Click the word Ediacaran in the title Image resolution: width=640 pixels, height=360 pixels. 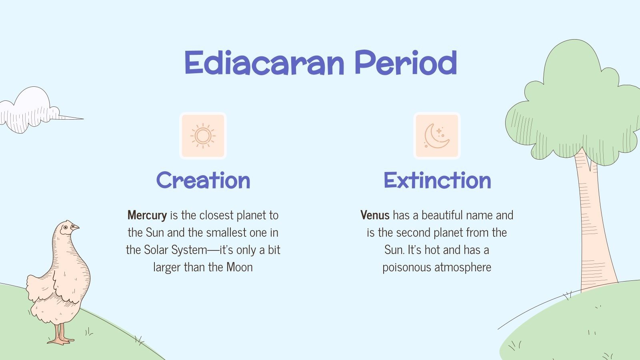pyautogui.click(x=264, y=63)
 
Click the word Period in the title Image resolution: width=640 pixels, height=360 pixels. pyautogui.click(x=406, y=63)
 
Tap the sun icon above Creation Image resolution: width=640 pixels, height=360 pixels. pyautogui.click(x=203, y=136)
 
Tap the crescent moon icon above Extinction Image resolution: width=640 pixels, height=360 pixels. pyautogui.click(x=437, y=136)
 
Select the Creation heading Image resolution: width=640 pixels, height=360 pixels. pyautogui.click(x=203, y=180)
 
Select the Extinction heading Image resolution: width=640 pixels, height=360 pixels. pyautogui.click(x=437, y=180)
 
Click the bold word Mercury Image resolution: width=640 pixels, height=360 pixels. pyautogui.click(x=147, y=215)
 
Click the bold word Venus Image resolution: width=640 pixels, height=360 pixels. pyautogui.click(x=375, y=215)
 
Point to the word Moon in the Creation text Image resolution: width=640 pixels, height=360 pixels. pyautogui.click(x=240, y=267)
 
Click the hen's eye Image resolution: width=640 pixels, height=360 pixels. pyautogui.click(x=65, y=227)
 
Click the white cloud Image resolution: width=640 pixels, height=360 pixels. pyautogui.click(x=32, y=110)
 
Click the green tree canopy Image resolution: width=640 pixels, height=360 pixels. pyautogui.click(x=576, y=108)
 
